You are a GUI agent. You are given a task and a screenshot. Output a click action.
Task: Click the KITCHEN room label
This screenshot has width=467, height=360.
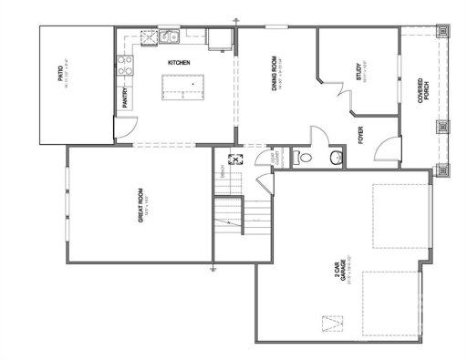coord(179,62)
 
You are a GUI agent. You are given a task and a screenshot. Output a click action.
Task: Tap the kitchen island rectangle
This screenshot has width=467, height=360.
coord(185,87)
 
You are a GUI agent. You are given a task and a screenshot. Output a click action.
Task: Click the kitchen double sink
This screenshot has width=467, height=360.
coord(168,38)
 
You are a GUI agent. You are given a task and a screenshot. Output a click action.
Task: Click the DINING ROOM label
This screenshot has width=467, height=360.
coord(274,75)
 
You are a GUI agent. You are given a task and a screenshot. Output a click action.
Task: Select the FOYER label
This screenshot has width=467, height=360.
coord(361,137)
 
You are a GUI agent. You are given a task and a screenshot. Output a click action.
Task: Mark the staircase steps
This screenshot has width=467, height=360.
coord(244,219)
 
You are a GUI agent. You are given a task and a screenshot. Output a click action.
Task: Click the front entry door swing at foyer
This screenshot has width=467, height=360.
coord(389,149)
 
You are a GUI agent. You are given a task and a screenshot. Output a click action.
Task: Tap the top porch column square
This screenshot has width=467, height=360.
coord(444,29)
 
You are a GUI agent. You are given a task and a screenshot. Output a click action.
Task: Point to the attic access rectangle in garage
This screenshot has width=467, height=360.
coord(335,324)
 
